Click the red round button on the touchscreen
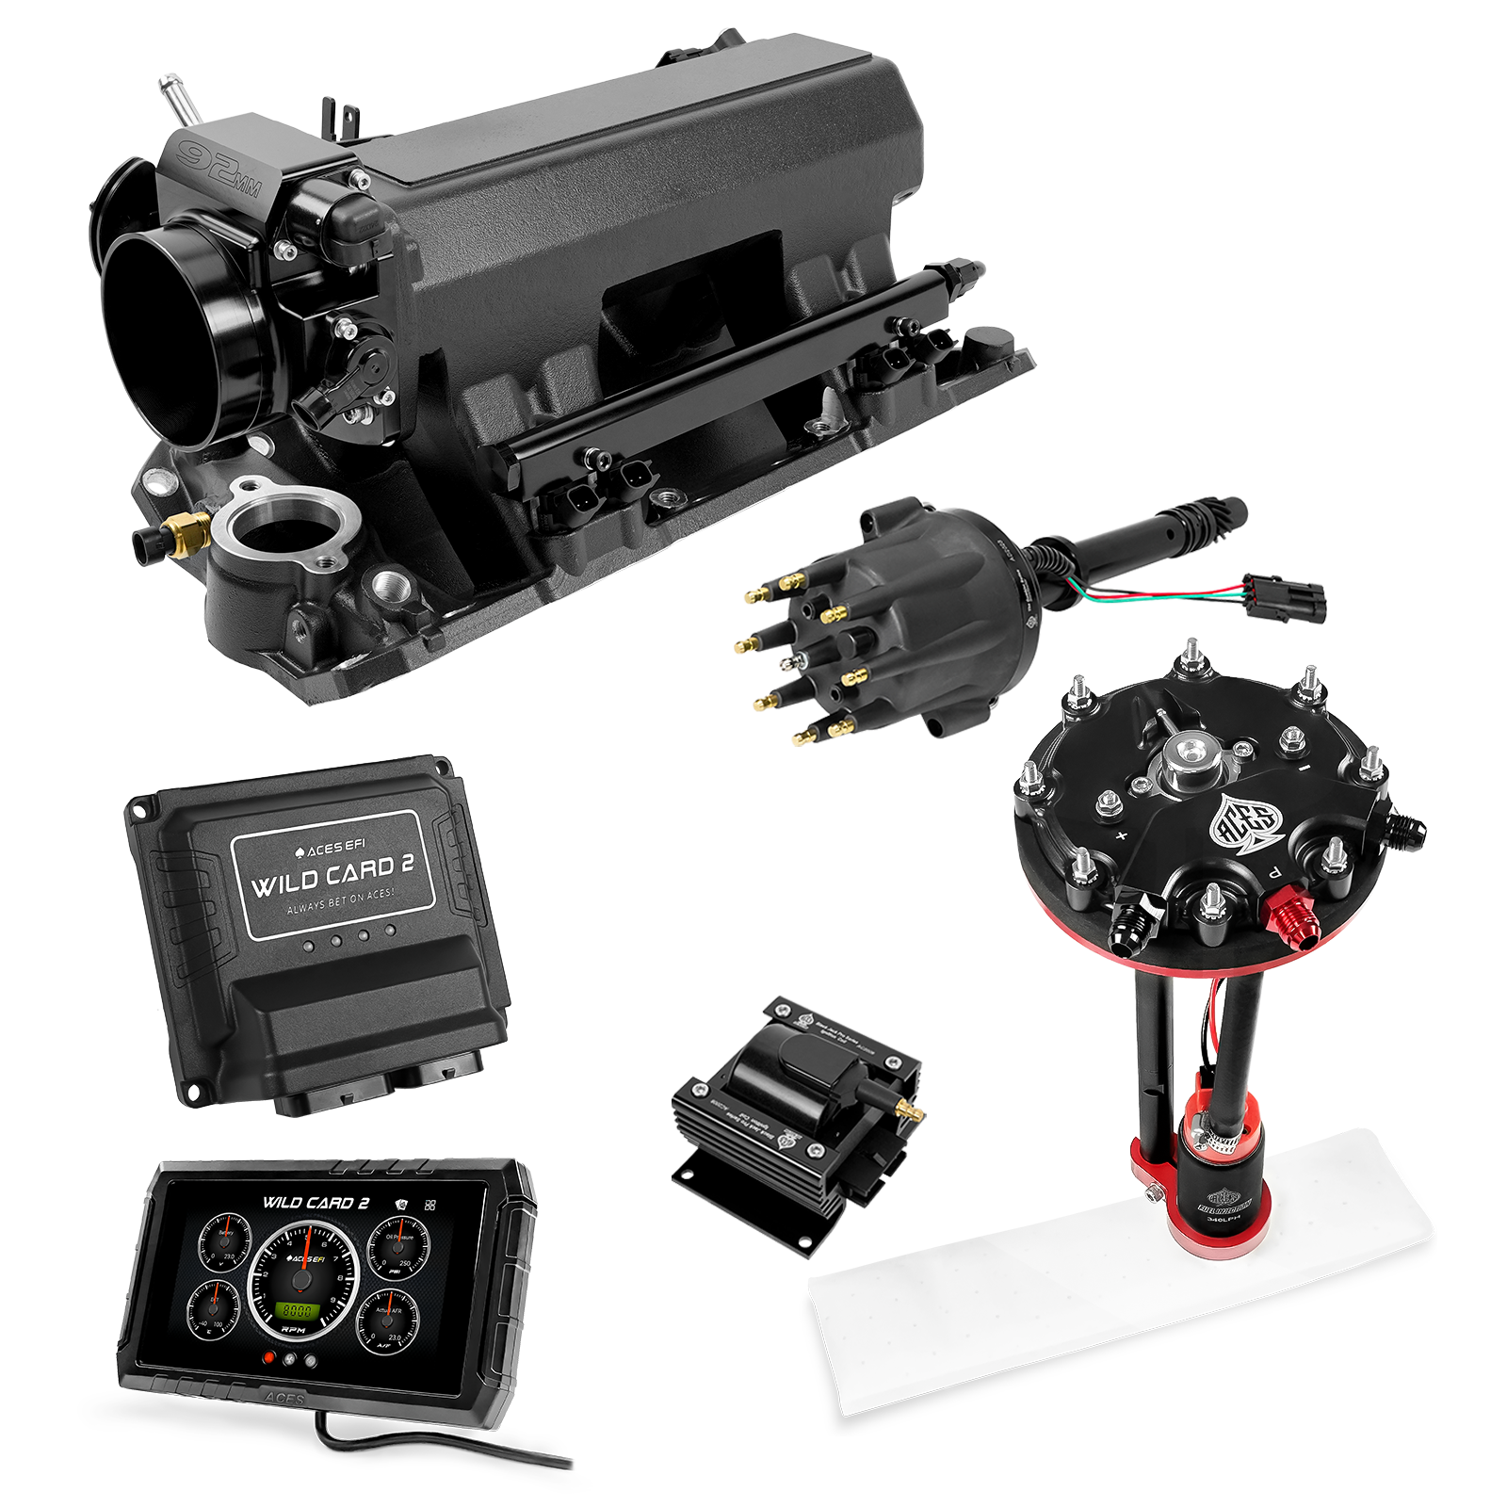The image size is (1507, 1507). pyautogui.click(x=269, y=1359)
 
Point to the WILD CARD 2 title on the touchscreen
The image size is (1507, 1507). pyautogui.click(x=316, y=1203)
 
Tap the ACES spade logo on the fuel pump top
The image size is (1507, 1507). pyautogui.click(x=1244, y=822)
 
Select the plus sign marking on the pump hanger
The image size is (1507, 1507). pyautogui.click(x=1121, y=835)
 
